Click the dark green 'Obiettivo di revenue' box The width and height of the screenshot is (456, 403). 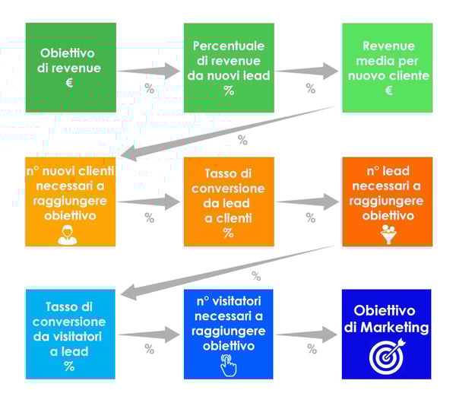click(70, 67)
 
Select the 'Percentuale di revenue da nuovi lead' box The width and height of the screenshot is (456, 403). click(228, 67)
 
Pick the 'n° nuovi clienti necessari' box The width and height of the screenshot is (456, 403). click(70, 201)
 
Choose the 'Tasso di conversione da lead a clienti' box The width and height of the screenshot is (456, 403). click(228, 201)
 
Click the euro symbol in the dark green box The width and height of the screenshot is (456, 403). click(69, 82)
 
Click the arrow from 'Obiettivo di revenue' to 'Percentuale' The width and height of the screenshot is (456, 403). click(149, 71)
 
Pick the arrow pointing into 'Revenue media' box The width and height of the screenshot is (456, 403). click(308, 71)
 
